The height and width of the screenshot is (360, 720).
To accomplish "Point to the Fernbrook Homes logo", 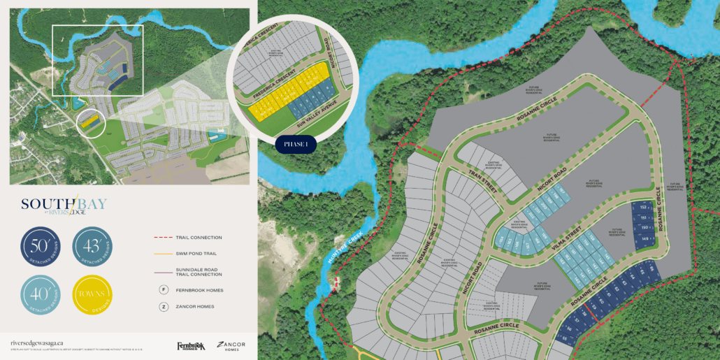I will pos(190,345).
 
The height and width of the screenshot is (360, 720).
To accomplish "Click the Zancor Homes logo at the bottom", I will pos(231,345).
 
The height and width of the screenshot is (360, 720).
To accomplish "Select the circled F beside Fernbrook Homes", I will pos(163,288).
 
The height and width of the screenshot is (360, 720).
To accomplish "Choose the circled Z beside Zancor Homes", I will pos(163,306).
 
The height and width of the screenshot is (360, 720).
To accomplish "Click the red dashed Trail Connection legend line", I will pos(166,238).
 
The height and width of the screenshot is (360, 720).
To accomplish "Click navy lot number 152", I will pos(642,208).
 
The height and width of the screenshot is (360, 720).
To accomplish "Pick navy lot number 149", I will pos(643,239).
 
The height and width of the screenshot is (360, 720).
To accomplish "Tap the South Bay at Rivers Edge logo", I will pos(55,206).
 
